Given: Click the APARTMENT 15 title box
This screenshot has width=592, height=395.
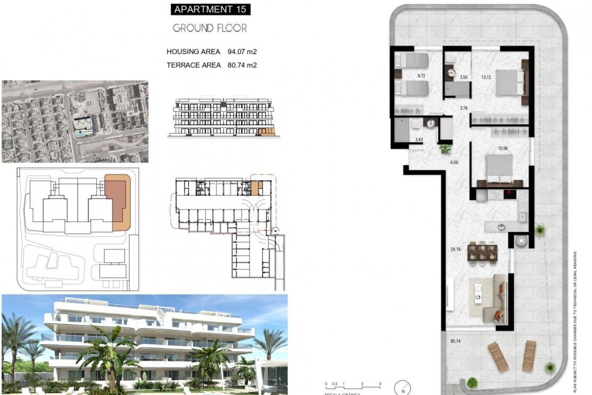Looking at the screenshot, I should (x=210, y=9).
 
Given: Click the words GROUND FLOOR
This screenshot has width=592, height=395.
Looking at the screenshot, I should (x=210, y=28).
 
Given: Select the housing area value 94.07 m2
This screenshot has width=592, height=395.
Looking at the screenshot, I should (x=242, y=52).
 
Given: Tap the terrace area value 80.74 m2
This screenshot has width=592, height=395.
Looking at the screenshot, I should (x=242, y=65).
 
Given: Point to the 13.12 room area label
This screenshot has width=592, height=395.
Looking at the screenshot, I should (x=486, y=77).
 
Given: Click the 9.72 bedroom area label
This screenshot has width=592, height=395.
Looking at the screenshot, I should (x=421, y=76).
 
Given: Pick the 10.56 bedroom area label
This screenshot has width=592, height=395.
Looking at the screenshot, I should (x=503, y=148).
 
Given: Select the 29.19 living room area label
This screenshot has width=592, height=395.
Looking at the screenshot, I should (x=455, y=249).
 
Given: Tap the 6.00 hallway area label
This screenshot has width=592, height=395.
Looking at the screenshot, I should (x=454, y=163).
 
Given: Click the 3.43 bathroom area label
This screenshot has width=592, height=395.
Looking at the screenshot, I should (x=419, y=140).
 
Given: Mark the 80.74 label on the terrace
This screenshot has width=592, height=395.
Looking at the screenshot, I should (x=455, y=341).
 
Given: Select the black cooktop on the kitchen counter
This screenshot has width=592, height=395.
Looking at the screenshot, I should (x=510, y=194).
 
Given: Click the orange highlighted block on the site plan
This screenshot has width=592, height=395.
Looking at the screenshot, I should (x=119, y=202).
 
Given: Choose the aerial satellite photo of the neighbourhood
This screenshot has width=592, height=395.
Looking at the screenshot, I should (x=75, y=122).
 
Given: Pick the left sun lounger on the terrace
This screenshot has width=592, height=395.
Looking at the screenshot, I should (x=498, y=356).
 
